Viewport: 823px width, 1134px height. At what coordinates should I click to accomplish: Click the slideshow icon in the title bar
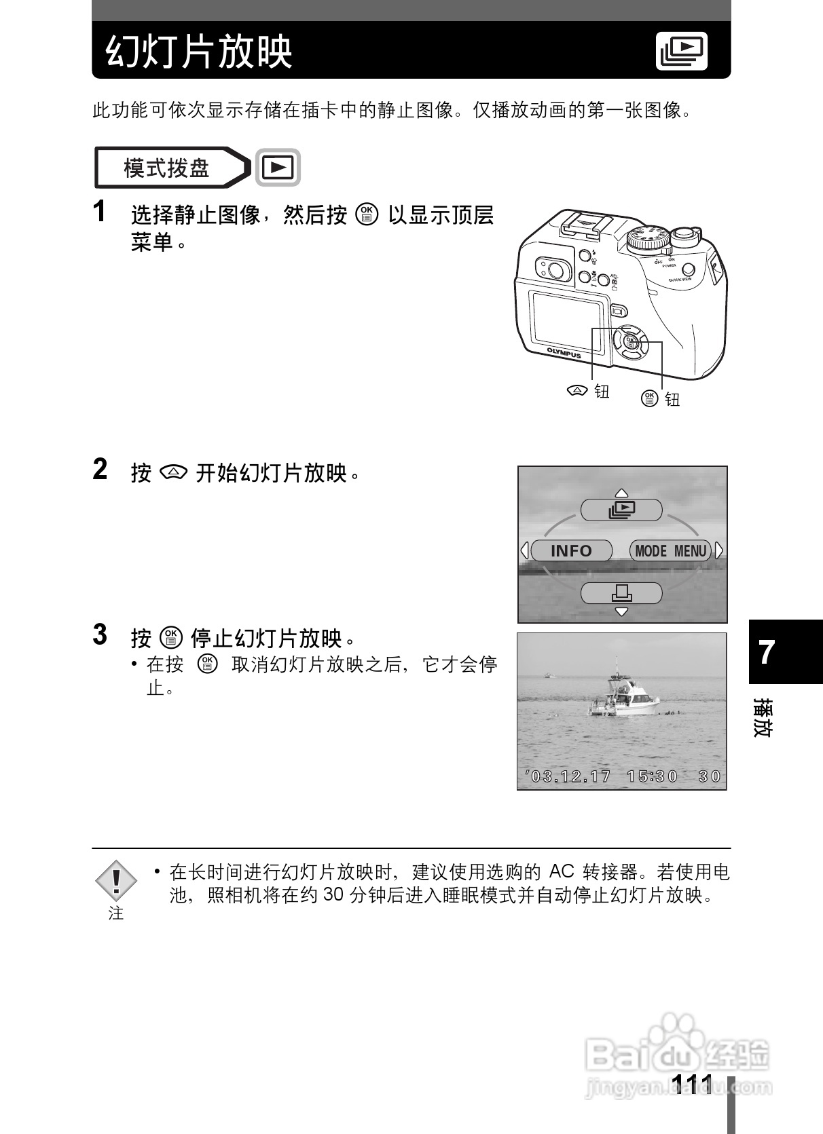(x=682, y=50)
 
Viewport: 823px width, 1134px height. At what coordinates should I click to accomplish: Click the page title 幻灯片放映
(x=199, y=52)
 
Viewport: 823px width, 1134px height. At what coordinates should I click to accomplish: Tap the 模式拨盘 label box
(x=166, y=168)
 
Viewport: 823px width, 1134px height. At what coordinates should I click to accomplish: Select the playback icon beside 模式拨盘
(x=278, y=167)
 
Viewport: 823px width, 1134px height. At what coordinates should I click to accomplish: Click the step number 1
(x=100, y=212)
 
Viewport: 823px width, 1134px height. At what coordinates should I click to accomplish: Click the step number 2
(x=100, y=470)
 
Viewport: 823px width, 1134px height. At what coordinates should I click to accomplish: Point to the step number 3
(x=100, y=635)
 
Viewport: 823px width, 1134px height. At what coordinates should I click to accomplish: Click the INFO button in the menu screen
(x=571, y=550)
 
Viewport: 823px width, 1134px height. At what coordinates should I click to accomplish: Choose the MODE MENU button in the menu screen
(x=670, y=550)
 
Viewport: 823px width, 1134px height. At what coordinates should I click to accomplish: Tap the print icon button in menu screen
(x=621, y=593)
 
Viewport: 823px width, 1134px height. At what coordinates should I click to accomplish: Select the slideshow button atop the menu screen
(x=621, y=510)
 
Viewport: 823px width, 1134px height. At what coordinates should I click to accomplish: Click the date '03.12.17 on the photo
(x=568, y=776)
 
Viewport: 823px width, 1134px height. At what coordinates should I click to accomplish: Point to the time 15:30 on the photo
(x=653, y=776)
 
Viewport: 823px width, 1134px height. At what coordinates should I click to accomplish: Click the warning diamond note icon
(x=116, y=880)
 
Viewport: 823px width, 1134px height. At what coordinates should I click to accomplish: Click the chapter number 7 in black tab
(x=767, y=653)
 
